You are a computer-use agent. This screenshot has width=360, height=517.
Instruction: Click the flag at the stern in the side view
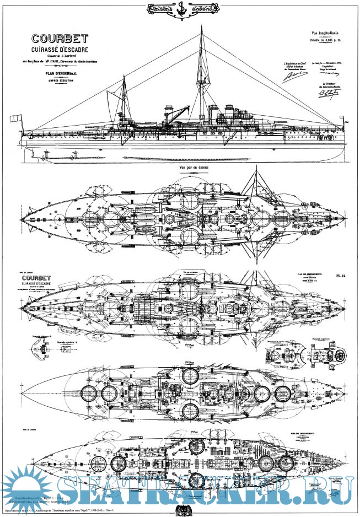16,119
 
